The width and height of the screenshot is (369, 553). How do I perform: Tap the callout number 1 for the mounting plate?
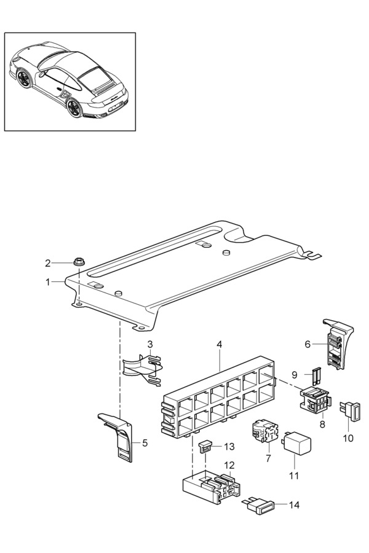point(48,282)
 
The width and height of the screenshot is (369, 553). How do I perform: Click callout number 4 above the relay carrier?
point(220,344)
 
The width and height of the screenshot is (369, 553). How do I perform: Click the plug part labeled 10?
point(351,411)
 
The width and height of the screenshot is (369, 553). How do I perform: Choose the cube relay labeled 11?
point(296,442)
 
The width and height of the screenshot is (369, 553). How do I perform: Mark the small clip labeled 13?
point(205,446)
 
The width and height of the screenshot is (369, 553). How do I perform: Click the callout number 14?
point(294,505)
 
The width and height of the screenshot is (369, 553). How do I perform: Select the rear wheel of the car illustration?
point(74,108)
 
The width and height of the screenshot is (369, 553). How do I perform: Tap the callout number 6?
point(307,344)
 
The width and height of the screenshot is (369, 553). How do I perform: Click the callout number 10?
point(348,438)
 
